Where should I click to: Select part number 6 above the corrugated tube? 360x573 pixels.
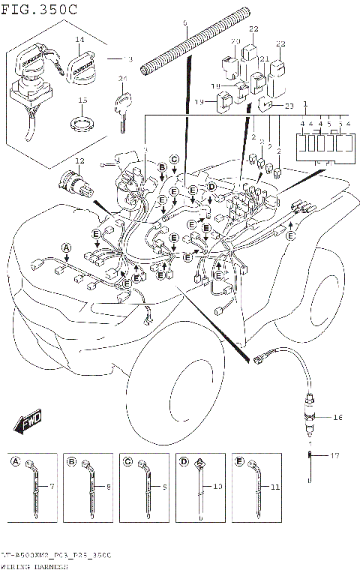point(184,25)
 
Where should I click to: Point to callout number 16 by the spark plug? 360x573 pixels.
point(337,417)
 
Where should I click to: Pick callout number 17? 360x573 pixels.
point(335,455)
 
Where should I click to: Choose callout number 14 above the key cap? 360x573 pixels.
point(79,38)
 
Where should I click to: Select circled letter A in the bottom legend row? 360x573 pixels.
point(16,462)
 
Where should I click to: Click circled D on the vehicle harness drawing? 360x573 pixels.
point(211,186)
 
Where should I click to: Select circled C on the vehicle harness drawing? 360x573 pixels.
point(174,159)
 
